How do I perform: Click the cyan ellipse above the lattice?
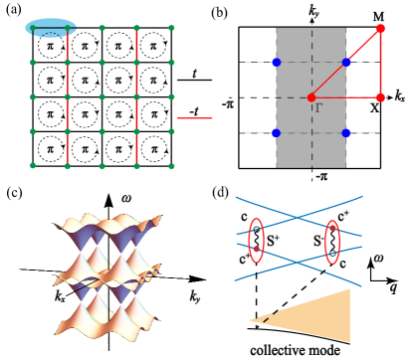51,28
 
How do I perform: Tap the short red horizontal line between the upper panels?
194,118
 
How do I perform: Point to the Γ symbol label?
319,106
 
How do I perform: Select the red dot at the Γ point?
311,97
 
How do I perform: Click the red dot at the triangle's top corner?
380,28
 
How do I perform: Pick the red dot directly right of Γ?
380,97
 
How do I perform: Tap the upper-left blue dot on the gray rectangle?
276,63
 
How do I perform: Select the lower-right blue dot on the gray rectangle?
345,132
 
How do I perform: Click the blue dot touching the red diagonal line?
345,63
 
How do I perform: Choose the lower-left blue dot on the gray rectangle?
276,132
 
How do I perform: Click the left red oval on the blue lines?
256,241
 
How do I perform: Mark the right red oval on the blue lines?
332,241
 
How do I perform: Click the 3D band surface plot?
107,273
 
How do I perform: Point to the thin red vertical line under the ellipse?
68,99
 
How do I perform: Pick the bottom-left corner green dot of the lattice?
33,166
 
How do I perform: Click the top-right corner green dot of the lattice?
171,28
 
